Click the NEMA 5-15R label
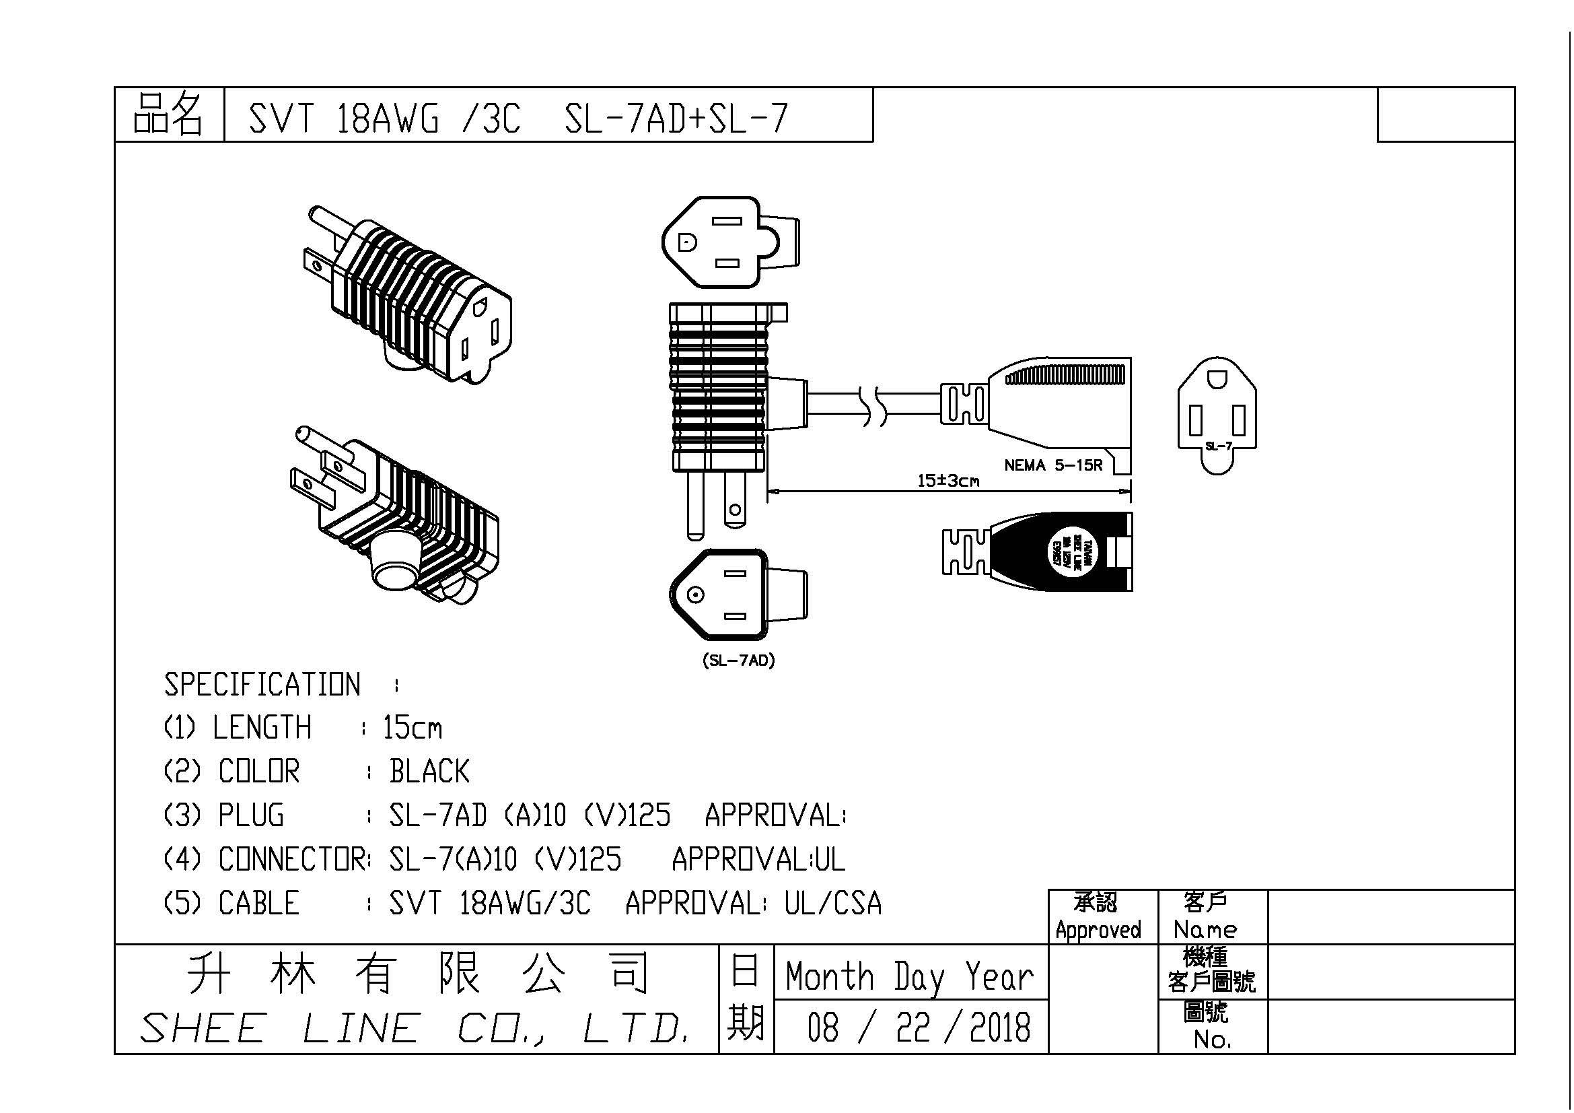pos(1053,466)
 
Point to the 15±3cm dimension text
pos(948,481)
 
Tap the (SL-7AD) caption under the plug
pos(738,661)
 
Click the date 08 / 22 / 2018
pos(918,1027)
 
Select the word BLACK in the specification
pos(429,772)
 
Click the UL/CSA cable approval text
pos(833,903)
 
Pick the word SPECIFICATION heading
pos(262,684)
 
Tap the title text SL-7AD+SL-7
pos(676,118)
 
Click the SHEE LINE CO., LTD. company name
pos(414,1029)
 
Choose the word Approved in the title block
pos(1098,930)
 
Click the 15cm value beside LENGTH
pos(412,728)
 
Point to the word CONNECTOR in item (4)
pos(293,859)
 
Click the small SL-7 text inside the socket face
pos(1219,446)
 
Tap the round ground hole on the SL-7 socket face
pos(1217,379)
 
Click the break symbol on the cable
pos(871,405)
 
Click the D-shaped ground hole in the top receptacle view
pos(687,242)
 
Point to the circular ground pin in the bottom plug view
pos(696,595)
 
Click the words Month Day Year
pos(909,976)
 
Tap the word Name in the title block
pos(1205,930)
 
